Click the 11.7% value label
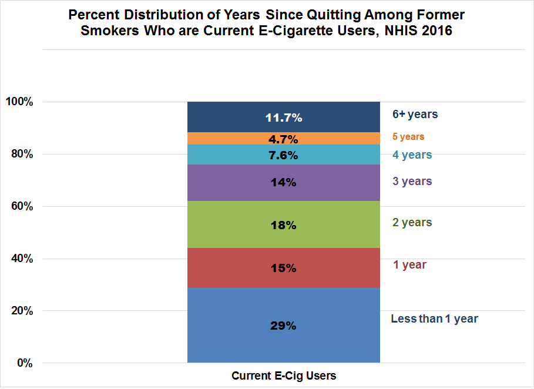pos(283,118)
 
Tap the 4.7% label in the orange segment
pos(283,139)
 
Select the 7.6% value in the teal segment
pos(283,156)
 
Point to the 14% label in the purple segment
pos(283,182)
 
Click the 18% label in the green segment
pos(283,226)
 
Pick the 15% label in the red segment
pos(283,268)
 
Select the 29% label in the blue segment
pos(283,325)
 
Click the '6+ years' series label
pos(415,114)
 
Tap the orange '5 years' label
pos(408,136)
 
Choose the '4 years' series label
pos(412,155)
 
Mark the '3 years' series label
pos(412,181)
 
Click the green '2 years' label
pos(412,222)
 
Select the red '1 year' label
pos(409,264)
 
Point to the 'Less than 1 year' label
pos(434,319)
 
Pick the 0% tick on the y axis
pos(24,363)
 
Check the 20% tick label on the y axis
pos(22,311)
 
